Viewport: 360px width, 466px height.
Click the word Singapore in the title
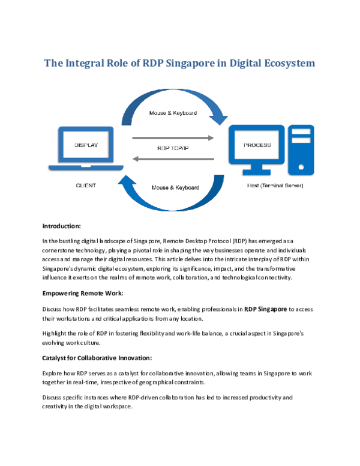[x=190, y=64]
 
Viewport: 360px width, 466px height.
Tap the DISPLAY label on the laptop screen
[x=86, y=145]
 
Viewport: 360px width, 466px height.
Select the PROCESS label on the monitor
[x=257, y=145]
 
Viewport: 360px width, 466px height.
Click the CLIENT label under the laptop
[x=86, y=186]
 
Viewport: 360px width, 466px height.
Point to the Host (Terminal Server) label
[x=275, y=186]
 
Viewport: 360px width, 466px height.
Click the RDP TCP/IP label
[x=173, y=148]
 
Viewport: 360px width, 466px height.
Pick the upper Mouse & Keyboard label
[x=173, y=113]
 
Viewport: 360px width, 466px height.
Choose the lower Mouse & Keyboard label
[x=175, y=187]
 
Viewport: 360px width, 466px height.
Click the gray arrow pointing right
[x=173, y=138]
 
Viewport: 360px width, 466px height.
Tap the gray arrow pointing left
[x=173, y=159]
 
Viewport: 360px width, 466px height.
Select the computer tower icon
[x=301, y=150]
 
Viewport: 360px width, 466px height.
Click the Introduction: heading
[x=61, y=226]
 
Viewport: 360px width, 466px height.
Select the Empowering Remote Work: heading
[x=83, y=293]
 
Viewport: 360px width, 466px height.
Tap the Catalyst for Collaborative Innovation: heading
[x=97, y=358]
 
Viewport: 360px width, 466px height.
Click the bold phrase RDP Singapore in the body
[x=266, y=309]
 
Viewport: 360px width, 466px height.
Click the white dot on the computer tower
[x=301, y=167]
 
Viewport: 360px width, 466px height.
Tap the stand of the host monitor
[x=257, y=169]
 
